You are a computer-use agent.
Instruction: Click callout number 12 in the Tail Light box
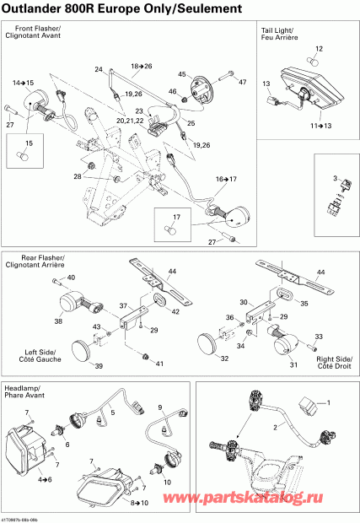point(318,48)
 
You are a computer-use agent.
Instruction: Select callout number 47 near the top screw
point(242,83)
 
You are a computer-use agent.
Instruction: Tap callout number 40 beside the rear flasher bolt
point(70,278)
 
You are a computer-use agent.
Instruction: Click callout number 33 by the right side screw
point(318,337)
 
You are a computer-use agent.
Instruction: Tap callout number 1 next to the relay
point(330,404)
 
